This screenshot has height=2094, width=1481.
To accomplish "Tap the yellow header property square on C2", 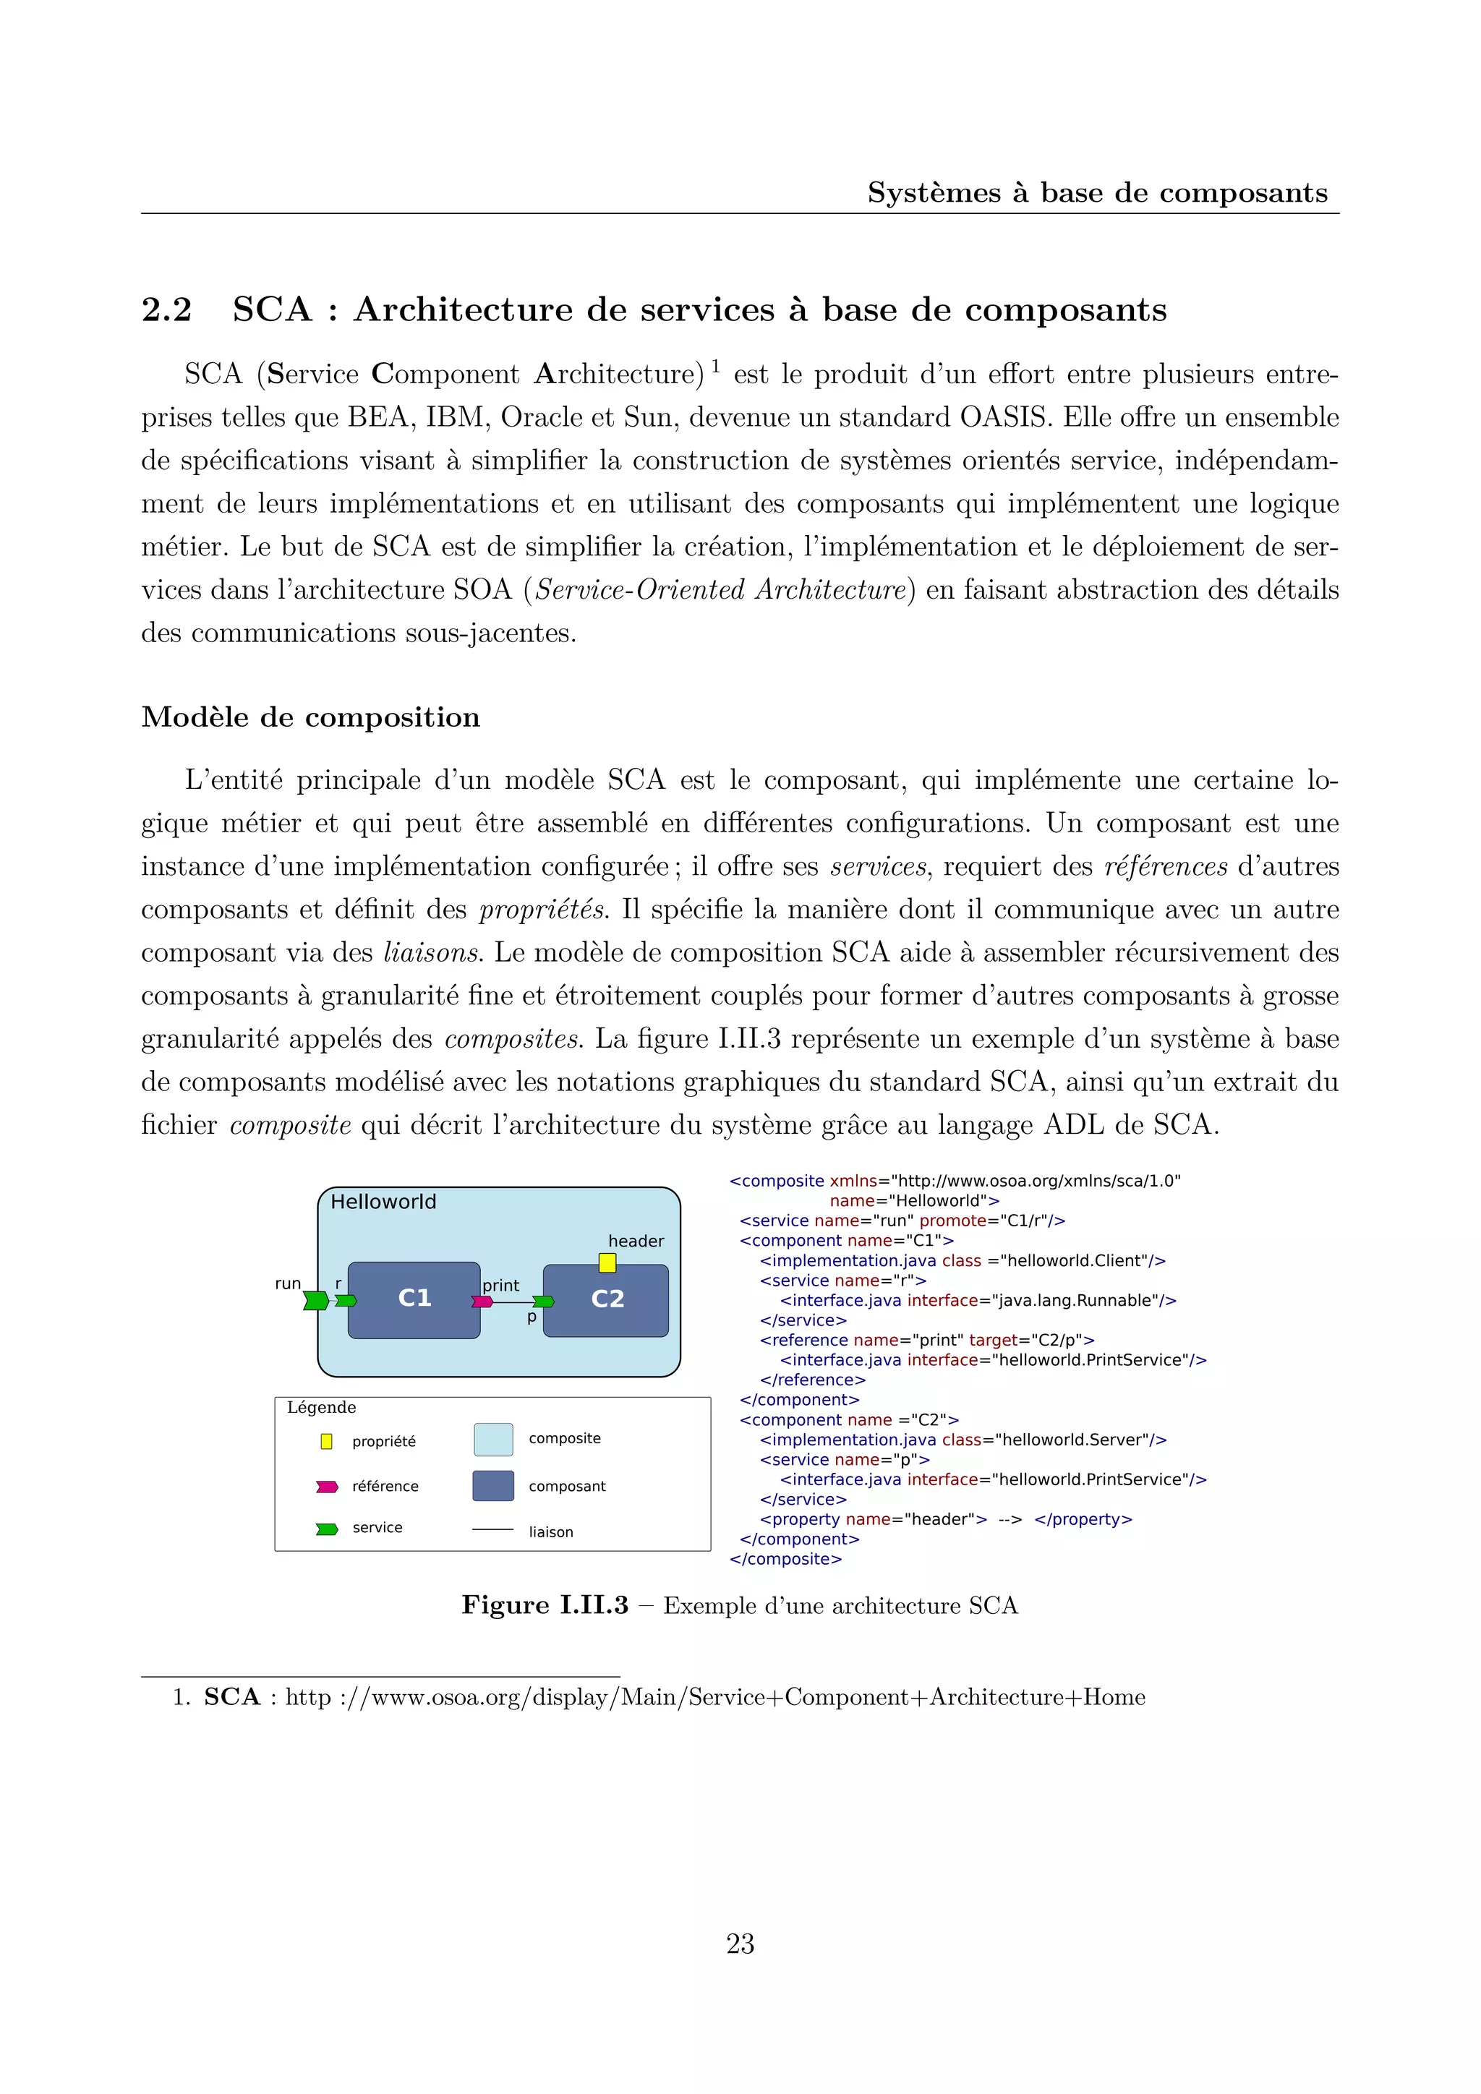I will coord(607,1263).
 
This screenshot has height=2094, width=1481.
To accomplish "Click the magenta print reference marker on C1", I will coord(482,1302).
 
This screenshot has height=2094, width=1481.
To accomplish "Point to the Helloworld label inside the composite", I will coord(383,1202).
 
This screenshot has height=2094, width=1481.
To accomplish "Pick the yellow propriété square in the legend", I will coord(326,1441).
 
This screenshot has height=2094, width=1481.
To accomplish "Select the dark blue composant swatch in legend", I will coord(493,1486).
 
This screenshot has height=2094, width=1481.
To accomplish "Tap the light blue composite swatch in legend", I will coord(493,1439).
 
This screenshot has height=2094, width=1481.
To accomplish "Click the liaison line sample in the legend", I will coord(493,1529).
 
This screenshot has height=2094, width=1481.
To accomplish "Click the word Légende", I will coord(321,1407).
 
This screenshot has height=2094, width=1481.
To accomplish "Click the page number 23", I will coord(740,1944).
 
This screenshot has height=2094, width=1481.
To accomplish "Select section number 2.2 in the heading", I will coord(167,310).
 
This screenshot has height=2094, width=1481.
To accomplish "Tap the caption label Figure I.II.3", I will coord(545,1605).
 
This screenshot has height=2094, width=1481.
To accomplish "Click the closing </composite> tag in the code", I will coord(785,1559).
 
